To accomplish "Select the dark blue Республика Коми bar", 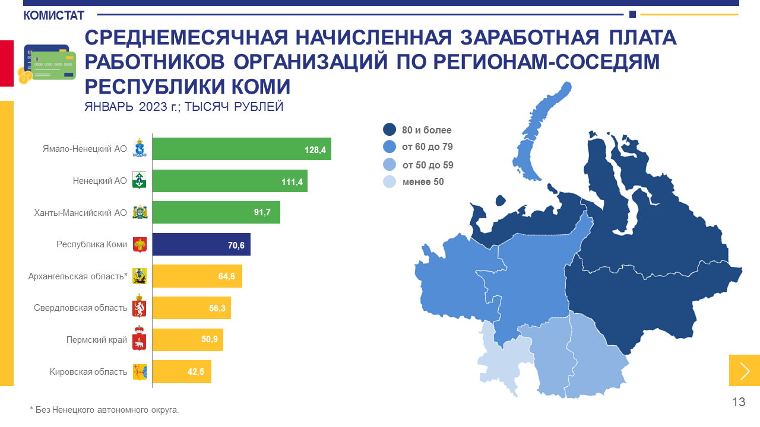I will pos(201,244).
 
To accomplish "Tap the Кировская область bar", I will pos(181,372).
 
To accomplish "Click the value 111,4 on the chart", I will pos(292,181).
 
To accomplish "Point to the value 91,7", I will pos(262,212).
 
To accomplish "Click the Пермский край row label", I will pos(96,340).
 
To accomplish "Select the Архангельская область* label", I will pos(78,276).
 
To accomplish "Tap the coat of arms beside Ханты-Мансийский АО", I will pos(140,212).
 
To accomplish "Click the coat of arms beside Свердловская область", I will pos(140,308).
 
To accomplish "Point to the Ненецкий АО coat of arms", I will pos(140,181).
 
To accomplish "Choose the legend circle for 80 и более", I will pos(389,130).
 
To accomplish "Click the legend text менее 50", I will pos(423,182).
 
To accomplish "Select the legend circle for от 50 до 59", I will pos(389,165).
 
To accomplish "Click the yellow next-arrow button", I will pos(744,370).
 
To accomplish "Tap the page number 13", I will pos(738,402).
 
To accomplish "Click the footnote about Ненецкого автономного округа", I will pos(104,410).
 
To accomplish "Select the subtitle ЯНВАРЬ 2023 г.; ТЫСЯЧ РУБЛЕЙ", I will pos(184,107).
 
